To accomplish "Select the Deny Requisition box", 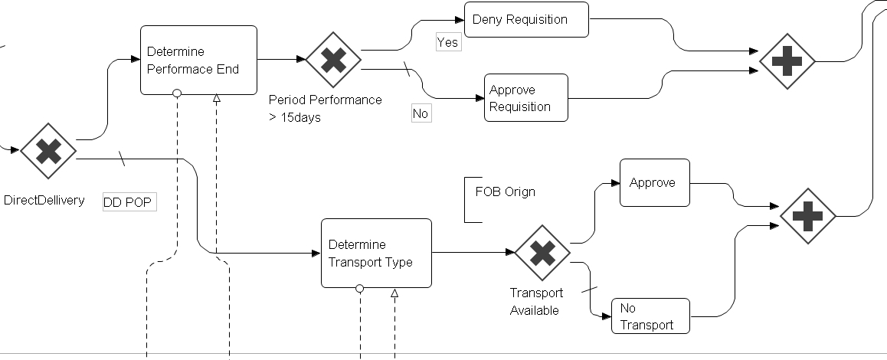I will point(526,19).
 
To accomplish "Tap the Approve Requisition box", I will point(525,98).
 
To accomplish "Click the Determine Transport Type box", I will point(376,253).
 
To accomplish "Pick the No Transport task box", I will point(650,316).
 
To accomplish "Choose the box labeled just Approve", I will point(654,183).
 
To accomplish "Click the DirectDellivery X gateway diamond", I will point(48,151).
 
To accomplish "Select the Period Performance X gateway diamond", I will point(333,59).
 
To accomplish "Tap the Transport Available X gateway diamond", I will point(542,253).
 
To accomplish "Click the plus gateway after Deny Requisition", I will point(787,61).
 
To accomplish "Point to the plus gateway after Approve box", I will point(807,216).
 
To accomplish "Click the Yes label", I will point(447,42).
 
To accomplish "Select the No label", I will point(421,113).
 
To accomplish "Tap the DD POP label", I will point(129,202).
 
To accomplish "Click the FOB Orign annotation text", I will point(505,191).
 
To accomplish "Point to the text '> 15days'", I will point(295,117).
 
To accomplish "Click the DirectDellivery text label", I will point(44,201).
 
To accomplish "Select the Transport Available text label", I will point(535,301).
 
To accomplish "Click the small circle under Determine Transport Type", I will point(359,289).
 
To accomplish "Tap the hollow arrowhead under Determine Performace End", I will point(216,98).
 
